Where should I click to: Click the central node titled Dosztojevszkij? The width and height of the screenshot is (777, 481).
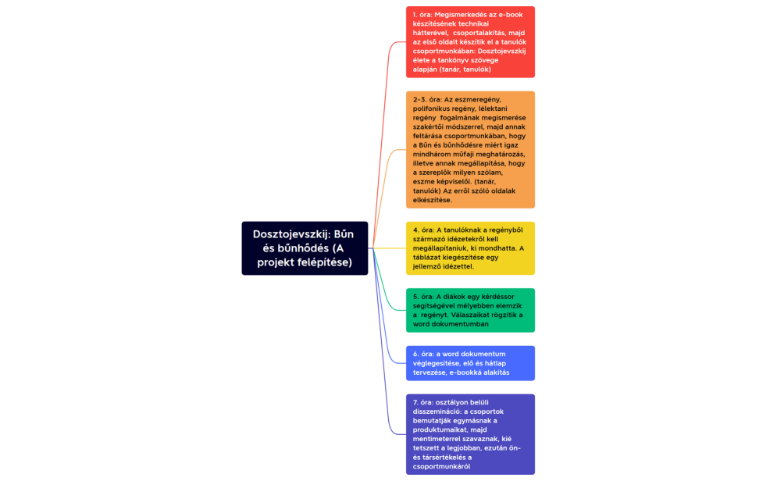coord(305,248)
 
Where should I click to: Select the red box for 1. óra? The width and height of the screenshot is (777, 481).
coord(470,42)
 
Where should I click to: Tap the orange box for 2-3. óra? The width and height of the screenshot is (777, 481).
coord(470,149)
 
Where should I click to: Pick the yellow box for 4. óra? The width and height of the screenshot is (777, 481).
coord(470,248)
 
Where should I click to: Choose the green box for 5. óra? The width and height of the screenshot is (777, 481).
coord(470,310)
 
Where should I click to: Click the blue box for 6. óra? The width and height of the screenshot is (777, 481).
coord(470,363)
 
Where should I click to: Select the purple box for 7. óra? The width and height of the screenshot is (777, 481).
coord(470,434)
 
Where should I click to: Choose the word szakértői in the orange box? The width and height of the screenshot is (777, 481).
coord(433,126)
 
